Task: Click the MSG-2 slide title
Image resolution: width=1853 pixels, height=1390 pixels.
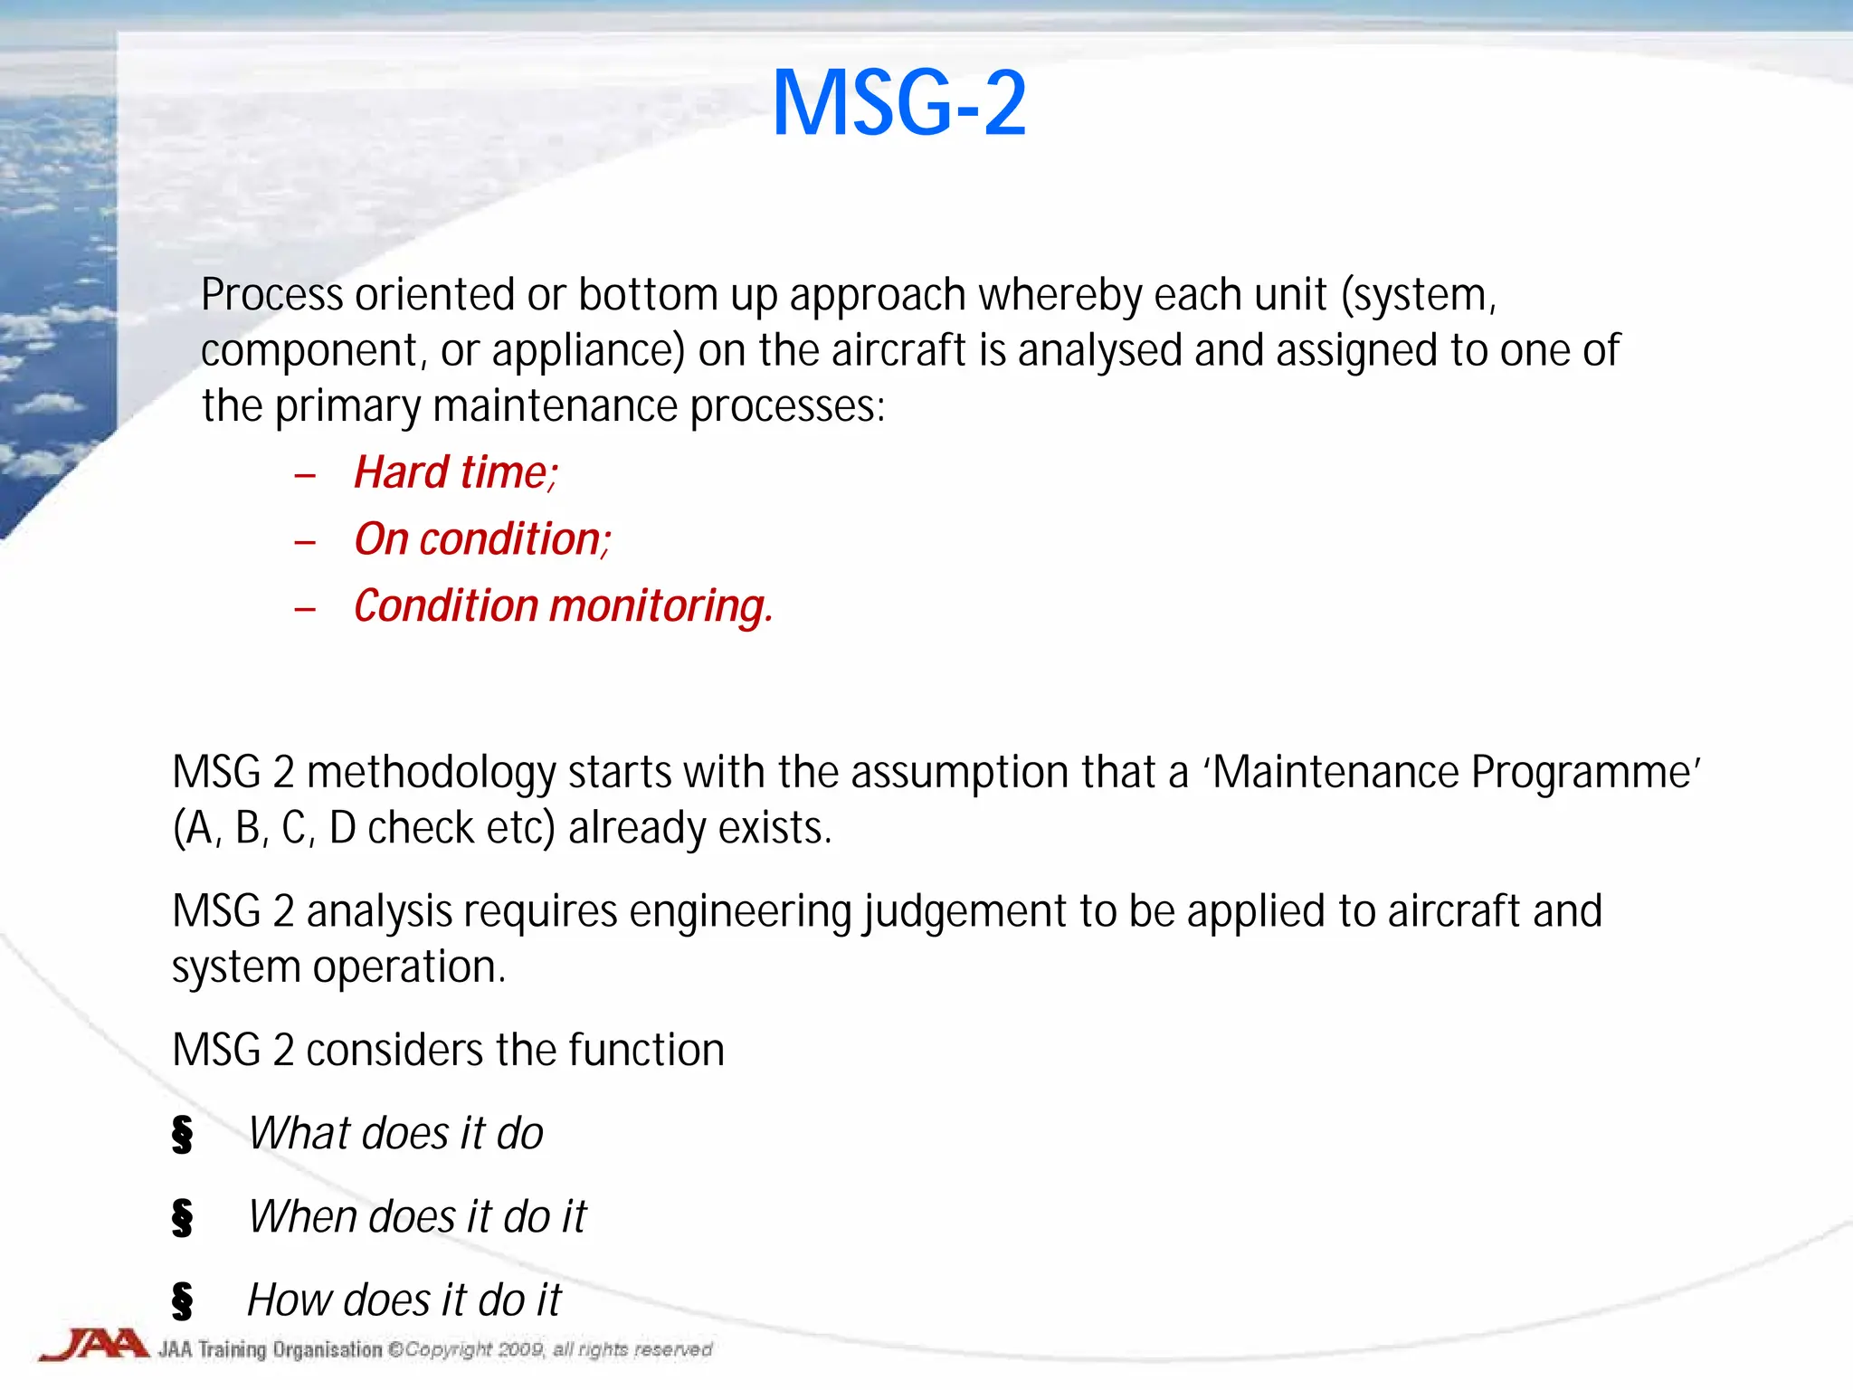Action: click(x=898, y=104)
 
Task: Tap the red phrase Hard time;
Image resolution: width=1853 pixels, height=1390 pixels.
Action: click(x=455, y=472)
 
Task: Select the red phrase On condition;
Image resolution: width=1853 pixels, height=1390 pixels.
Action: click(x=481, y=539)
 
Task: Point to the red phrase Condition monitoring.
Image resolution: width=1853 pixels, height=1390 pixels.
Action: click(x=562, y=605)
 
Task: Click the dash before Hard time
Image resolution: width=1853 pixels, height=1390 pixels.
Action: click(x=305, y=476)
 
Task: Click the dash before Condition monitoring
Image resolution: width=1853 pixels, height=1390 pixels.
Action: click(x=305, y=609)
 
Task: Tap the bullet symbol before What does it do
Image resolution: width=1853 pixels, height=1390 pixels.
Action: click(x=182, y=1134)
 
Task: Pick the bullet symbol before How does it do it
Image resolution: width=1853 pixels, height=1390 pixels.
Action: click(x=182, y=1300)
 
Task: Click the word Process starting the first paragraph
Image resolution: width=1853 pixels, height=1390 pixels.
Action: click(x=271, y=295)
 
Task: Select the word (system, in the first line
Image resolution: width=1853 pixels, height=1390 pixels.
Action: click(x=1419, y=295)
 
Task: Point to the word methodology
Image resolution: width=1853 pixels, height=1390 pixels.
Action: click(x=431, y=773)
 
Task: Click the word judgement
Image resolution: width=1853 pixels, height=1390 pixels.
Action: click(x=965, y=911)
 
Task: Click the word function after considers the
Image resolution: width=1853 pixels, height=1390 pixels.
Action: click(x=646, y=1051)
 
